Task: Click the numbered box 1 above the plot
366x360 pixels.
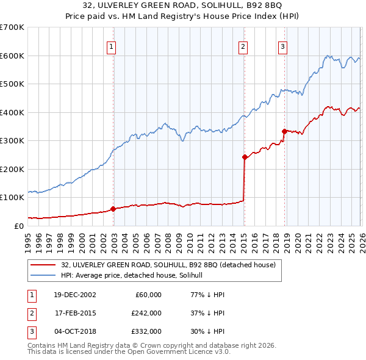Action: (x=113, y=46)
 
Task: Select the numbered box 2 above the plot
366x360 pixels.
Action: (x=243, y=46)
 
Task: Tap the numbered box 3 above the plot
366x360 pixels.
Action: (x=283, y=46)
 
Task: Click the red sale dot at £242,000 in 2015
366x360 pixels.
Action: (x=245, y=157)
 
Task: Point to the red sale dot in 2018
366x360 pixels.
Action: (x=284, y=131)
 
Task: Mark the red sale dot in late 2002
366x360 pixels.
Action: (x=113, y=209)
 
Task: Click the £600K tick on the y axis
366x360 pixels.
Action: (x=12, y=56)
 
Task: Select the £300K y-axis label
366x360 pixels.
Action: (x=12, y=141)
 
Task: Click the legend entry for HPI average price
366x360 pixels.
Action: (x=135, y=275)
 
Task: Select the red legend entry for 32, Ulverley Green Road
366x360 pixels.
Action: (x=168, y=265)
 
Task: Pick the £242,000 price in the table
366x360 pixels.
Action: (x=146, y=312)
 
